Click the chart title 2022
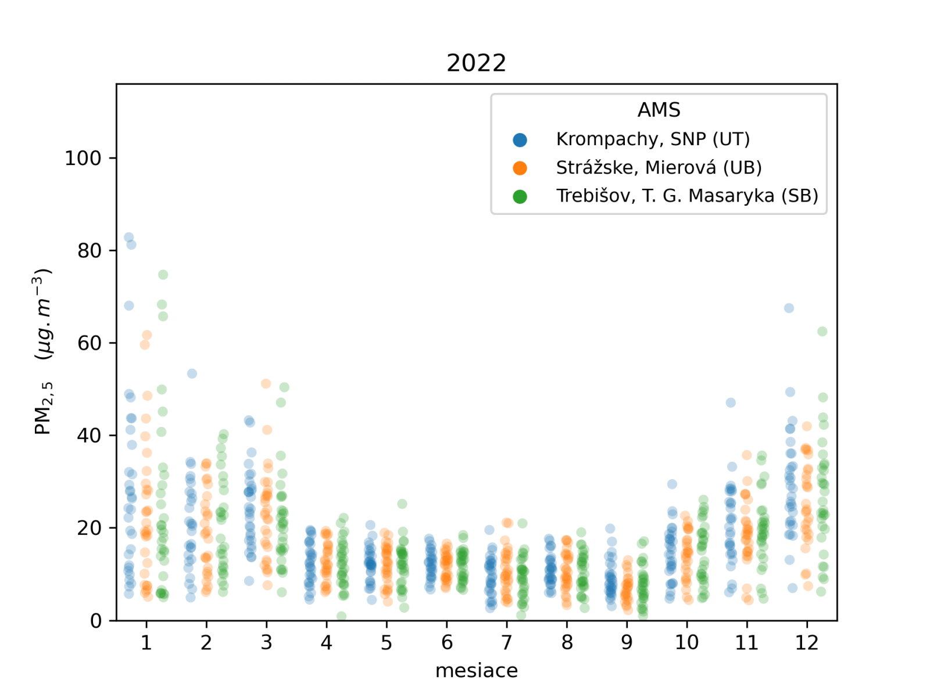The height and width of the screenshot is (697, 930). (x=476, y=63)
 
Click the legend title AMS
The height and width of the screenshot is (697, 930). (x=659, y=110)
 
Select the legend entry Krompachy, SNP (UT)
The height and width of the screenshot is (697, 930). (x=653, y=139)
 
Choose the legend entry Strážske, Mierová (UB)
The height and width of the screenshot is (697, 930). (x=659, y=168)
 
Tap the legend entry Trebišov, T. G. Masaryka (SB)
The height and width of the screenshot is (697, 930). (x=687, y=196)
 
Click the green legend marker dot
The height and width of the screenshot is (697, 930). (x=520, y=197)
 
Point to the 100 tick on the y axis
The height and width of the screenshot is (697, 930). (x=83, y=158)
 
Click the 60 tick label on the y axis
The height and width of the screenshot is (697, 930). (x=89, y=343)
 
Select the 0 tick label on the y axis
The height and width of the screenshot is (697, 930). (x=96, y=620)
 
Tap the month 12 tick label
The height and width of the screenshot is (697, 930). (x=807, y=643)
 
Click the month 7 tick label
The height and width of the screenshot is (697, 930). (x=507, y=643)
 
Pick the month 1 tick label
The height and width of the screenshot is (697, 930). (x=146, y=643)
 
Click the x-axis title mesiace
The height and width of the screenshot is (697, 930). (x=476, y=670)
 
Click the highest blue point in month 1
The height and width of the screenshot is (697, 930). (x=129, y=238)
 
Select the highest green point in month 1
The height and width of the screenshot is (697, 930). (x=163, y=275)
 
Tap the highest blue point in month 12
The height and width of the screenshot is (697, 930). (x=789, y=308)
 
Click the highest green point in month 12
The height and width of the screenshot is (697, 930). (x=822, y=332)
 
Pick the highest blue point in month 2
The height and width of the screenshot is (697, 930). (x=192, y=373)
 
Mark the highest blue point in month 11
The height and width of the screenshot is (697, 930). (x=731, y=403)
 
